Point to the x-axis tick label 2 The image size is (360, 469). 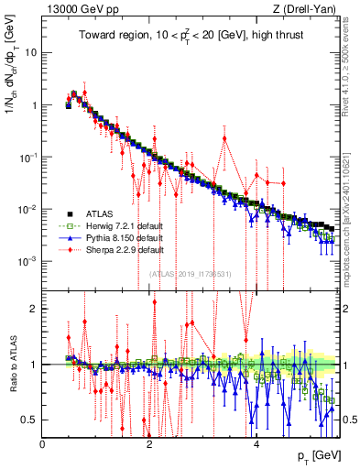[x=149, y=443]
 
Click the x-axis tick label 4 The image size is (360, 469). [x=256, y=443]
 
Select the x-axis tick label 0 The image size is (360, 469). [x=43, y=443]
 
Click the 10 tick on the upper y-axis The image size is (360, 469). [x=31, y=52]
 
